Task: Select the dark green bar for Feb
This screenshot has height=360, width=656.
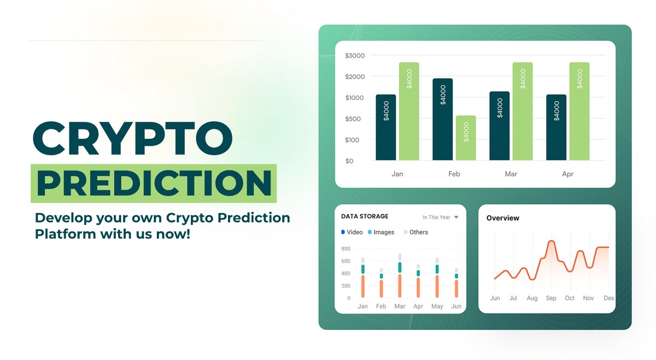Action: tap(442, 119)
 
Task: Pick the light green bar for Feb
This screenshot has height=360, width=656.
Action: tap(465, 138)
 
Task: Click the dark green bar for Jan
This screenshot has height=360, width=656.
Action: tap(385, 127)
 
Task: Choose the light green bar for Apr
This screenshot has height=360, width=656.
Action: tap(579, 111)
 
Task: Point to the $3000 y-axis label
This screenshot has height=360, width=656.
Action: tap(355, 56)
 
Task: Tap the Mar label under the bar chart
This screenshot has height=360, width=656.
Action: tap(511, 174)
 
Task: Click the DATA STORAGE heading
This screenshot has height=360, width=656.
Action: tap(365, 216)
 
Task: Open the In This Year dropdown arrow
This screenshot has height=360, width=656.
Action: tap(456, 217)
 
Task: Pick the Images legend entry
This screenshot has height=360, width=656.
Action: tap(381, 232)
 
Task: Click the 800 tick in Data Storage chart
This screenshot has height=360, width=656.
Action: tap(345, 249)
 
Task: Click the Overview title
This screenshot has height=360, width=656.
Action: tap(502, 218)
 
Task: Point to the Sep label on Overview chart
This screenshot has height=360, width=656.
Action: tap(551, 298)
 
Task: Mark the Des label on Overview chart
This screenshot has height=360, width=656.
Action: tap(608, 298)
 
